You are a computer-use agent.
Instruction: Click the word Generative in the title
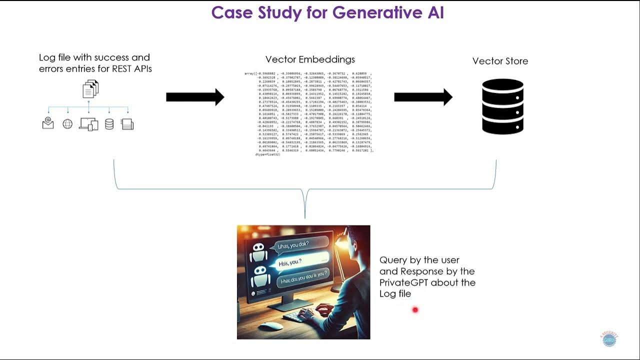[345, 12]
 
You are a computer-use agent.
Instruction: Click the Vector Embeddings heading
[310, 59]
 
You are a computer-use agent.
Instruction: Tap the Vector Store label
[500, 61]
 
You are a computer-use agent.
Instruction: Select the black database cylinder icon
[502, 106]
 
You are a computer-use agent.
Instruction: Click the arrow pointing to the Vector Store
[423, 97]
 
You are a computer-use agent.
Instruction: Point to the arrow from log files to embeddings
[195, 97]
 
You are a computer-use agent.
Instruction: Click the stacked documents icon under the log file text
[90, 89]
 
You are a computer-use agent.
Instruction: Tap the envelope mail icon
[48, 123]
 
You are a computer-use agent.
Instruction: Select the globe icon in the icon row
[67, 124]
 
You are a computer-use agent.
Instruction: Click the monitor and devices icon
[88, 124]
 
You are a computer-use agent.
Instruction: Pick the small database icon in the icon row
[109, 124]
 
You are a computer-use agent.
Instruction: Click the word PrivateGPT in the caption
[402, 282]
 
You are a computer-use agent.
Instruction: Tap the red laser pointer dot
[415, 310]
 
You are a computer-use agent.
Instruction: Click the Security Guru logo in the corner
[609, 339]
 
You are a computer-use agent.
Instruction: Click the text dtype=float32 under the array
[267, 155]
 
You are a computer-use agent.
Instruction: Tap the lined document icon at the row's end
[127, 124]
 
